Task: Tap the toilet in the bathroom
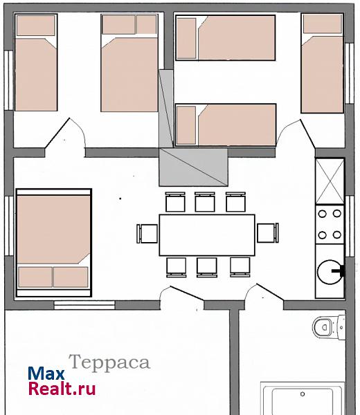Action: pyautogui.click(x=328, y=327)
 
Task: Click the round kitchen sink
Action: pyautogui.click(x=330, y=272)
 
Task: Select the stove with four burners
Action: pyautogui.click(x=330, y=224)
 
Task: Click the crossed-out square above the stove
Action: pyautogui.click(x=330, y=181)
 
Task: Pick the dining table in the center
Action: pyautogui.click(x=207, y=235)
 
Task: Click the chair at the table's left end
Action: pyautogui.click(x=147, y=234)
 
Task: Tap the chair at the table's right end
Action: pyautogui.click(x=267, y=232)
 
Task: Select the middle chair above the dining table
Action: pyautogui.click(x=205, y=202)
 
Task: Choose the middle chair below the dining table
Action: pyautogui.click(x=207, y=267)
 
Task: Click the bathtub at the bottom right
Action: pyautogui.click(x=303, y=398)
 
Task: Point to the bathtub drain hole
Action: pyautogui.click(x=303, y=394)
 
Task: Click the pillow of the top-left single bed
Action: pyautogui.click(x=36, y=25)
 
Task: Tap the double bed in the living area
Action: pyautogui.click(x=54, y=243)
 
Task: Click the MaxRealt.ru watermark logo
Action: pyautogui.click(x=62, y=381)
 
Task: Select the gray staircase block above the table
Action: pyautogui.click(x=193, y=167)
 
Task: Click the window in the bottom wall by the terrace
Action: pyautogui.click(x=84, y=305)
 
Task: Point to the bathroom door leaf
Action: pyautogui.click(x=270, y=292)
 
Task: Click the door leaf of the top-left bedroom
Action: pyautogui.click(x=57, y=133)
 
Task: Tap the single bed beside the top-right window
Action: pyautogui.click(x=323, y=63)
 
